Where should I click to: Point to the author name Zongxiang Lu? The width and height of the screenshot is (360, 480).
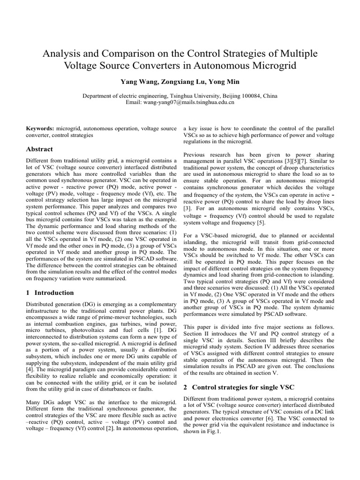point(179,81)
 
